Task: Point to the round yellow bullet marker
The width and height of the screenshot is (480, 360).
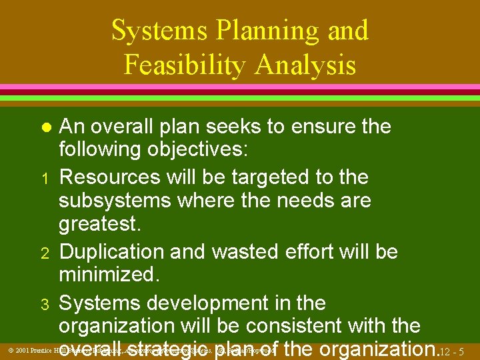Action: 45,127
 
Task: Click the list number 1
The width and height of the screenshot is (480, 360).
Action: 45,179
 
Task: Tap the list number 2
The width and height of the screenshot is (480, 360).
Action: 45,253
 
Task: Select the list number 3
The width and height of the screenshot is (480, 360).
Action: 45,305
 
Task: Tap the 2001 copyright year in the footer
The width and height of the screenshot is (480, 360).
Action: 22,350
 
